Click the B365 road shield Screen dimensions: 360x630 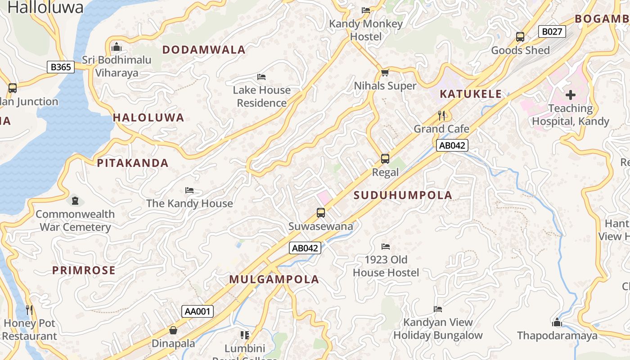[x=61, y=67]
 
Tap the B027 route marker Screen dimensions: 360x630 [x=552, y=31]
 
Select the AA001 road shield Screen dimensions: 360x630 [x=198, y=311]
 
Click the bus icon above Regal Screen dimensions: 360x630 [x=385, y=158]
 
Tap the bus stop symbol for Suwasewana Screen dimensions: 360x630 [x=321, y=213]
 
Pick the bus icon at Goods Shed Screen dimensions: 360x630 [x=520, y=37]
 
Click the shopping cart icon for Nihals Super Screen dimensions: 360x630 [x=385, y=72]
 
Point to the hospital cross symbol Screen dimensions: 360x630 [x=571, y=95]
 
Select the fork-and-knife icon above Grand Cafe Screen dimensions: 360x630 [x=441, y=116]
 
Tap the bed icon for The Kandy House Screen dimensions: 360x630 [x=189, y=190]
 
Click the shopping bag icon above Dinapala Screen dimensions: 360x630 [x=173, y=331]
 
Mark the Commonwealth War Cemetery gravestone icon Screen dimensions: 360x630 [x=75, y=200]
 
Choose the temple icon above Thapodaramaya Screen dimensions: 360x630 [x=557, y=322]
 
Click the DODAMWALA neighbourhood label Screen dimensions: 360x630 [x=204, y=50]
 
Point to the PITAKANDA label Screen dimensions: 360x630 [x=133, y=163]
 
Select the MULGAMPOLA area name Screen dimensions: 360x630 [x=274, y=279]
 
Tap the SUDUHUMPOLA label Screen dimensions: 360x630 [x=403, y=195]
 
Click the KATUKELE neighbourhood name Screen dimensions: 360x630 [x=470, y=94]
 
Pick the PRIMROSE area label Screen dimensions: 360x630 [x=84, y=270]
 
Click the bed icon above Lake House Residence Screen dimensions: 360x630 [x=261, y=77]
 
